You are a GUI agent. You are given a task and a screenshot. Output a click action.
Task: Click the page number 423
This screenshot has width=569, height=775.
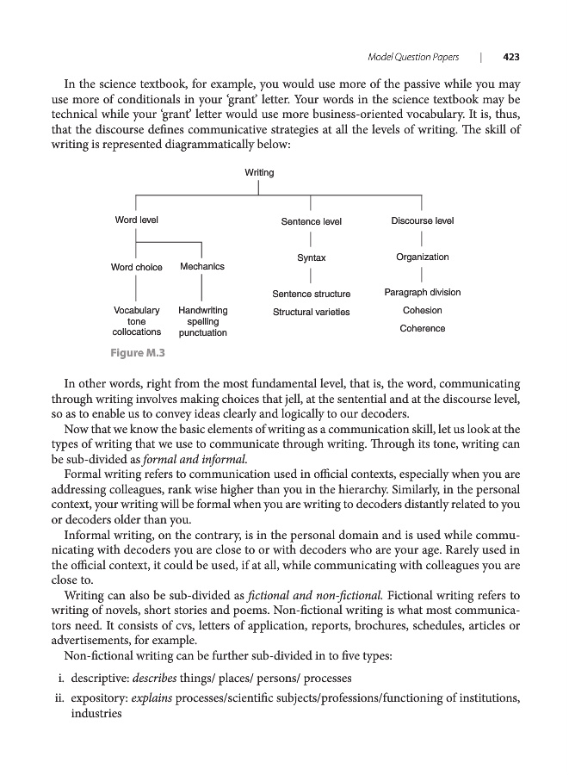click(512, 58)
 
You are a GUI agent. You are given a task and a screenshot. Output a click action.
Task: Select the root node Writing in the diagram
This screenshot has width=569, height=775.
click(259, 173)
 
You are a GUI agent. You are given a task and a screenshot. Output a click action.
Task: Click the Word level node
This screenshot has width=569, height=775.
click(137, 220)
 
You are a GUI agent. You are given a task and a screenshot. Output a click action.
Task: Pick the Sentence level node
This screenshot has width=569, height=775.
click(312, 222)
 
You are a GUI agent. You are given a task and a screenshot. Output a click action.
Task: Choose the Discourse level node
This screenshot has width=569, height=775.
click(423, 221)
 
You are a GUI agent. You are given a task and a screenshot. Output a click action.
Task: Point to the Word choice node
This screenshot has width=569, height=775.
click(137, 267)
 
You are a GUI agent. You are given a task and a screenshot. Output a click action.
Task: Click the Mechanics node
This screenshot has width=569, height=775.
click(202, 267)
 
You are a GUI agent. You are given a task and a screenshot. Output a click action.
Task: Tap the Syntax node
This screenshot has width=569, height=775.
click(312, 258)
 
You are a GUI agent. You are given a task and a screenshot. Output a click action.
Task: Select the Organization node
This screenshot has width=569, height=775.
click(423, 257)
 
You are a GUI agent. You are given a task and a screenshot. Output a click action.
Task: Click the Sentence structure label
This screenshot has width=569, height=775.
click(312, 294)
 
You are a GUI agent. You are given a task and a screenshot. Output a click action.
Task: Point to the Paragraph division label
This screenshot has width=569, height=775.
click(423, 293)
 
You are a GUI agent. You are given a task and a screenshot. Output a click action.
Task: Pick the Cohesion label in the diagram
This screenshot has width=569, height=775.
click(423, 311)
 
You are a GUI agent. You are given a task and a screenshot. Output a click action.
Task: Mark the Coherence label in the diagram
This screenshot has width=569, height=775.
click(423, 329)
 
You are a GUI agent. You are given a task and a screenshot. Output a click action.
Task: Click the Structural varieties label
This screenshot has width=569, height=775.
click(312, 312)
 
